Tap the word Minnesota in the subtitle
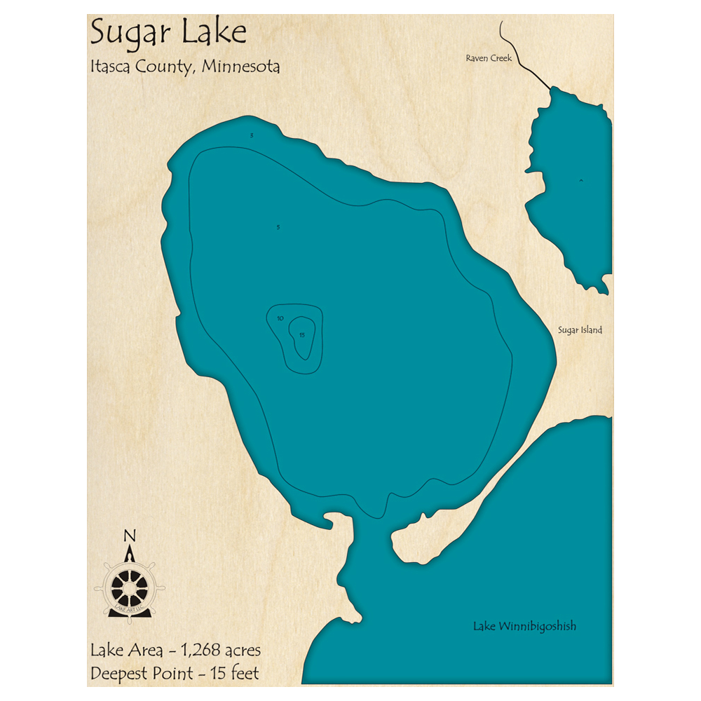pos(242,67)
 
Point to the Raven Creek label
pos(489,58)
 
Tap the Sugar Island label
pos(580,329)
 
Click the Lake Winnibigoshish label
pos(524,626)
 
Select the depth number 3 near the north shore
pos(252,135)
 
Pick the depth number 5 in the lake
pos(278,228)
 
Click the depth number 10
pos(280,319)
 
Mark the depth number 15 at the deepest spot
pos(302,335)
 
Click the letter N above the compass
pos(129,537)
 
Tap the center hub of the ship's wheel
pos(130,585)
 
